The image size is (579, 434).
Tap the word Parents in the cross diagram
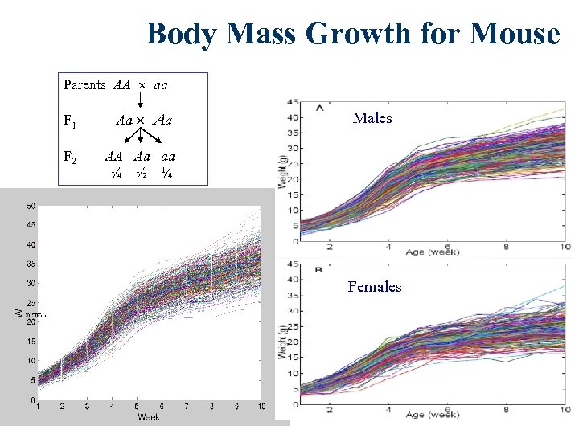(x=84, y=84)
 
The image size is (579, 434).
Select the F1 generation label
(x=70, y=122)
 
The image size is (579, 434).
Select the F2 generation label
(x=70, y=159)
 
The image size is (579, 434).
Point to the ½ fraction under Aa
(x=142, y=173)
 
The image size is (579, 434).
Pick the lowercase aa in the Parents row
(x=160, y=84)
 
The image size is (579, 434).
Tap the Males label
(x=372, y=118)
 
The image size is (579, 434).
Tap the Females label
(x=375, y=286)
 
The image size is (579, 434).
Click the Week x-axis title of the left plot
(x=149, y=417)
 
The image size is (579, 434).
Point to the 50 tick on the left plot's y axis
(x=30, y=206)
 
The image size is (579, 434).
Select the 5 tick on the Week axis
(x=137, y=407)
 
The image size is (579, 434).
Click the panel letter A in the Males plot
(x=320, y=107)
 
